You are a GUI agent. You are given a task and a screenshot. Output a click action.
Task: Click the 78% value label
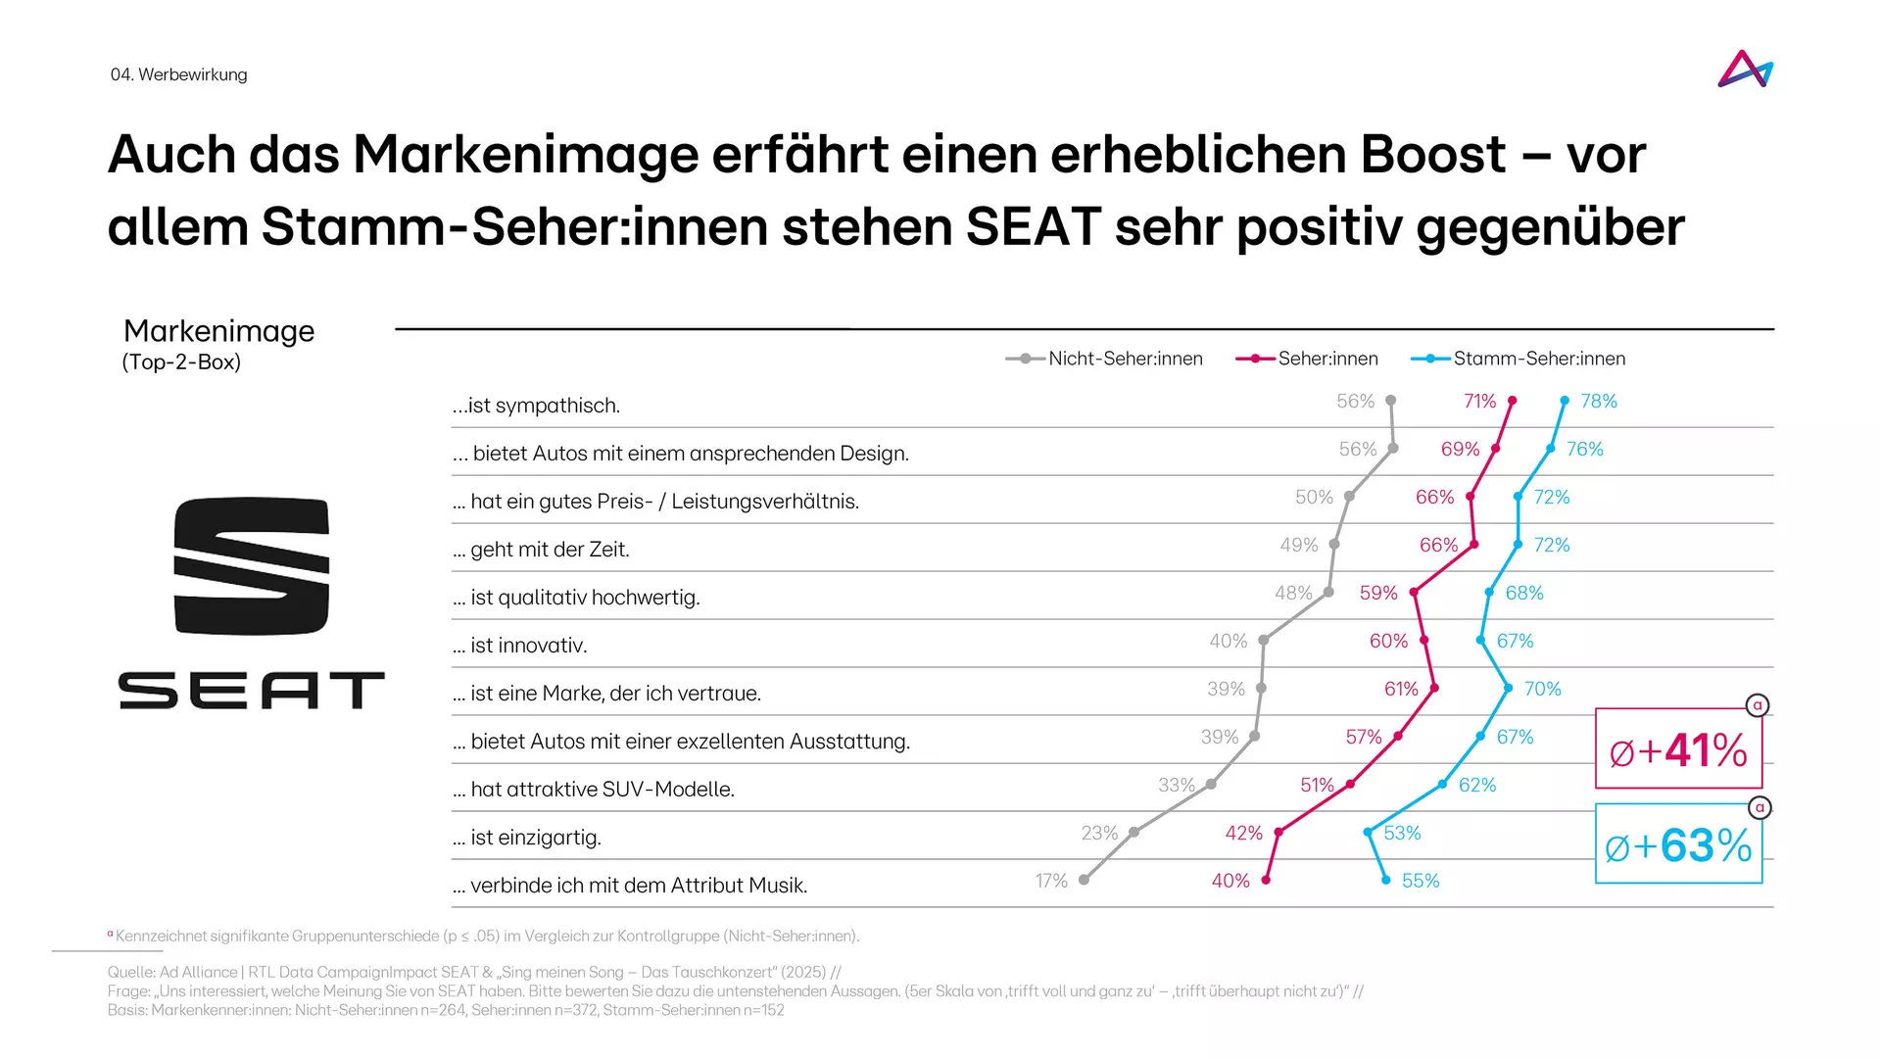point(1599,401)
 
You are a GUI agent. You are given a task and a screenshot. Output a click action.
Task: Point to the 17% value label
point(1051,881)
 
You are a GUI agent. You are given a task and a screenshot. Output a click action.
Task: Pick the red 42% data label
point(1243,833)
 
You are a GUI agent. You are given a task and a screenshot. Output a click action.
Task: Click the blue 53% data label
point(1402,833)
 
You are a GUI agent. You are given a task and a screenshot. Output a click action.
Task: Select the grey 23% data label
point(1099,833)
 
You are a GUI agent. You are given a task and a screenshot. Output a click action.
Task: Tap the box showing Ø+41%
point(1678,749)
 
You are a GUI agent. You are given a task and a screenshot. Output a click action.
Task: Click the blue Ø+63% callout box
point(1678,844)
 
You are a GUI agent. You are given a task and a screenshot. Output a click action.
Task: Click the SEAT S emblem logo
point(252,566)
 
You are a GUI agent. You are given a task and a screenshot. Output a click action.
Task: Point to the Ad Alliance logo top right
point(1746,70)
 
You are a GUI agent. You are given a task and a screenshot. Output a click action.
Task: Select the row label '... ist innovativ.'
point(528,646)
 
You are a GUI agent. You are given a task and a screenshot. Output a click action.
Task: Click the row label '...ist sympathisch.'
point(536,406)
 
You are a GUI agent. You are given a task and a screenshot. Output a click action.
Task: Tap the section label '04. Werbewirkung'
point(178,74)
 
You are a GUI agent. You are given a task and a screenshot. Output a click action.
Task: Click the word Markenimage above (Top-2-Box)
point(218,331)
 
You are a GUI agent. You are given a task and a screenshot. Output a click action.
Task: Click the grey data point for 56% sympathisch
point(1390,401)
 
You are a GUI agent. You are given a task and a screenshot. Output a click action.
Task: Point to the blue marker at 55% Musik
point(1385,880)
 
